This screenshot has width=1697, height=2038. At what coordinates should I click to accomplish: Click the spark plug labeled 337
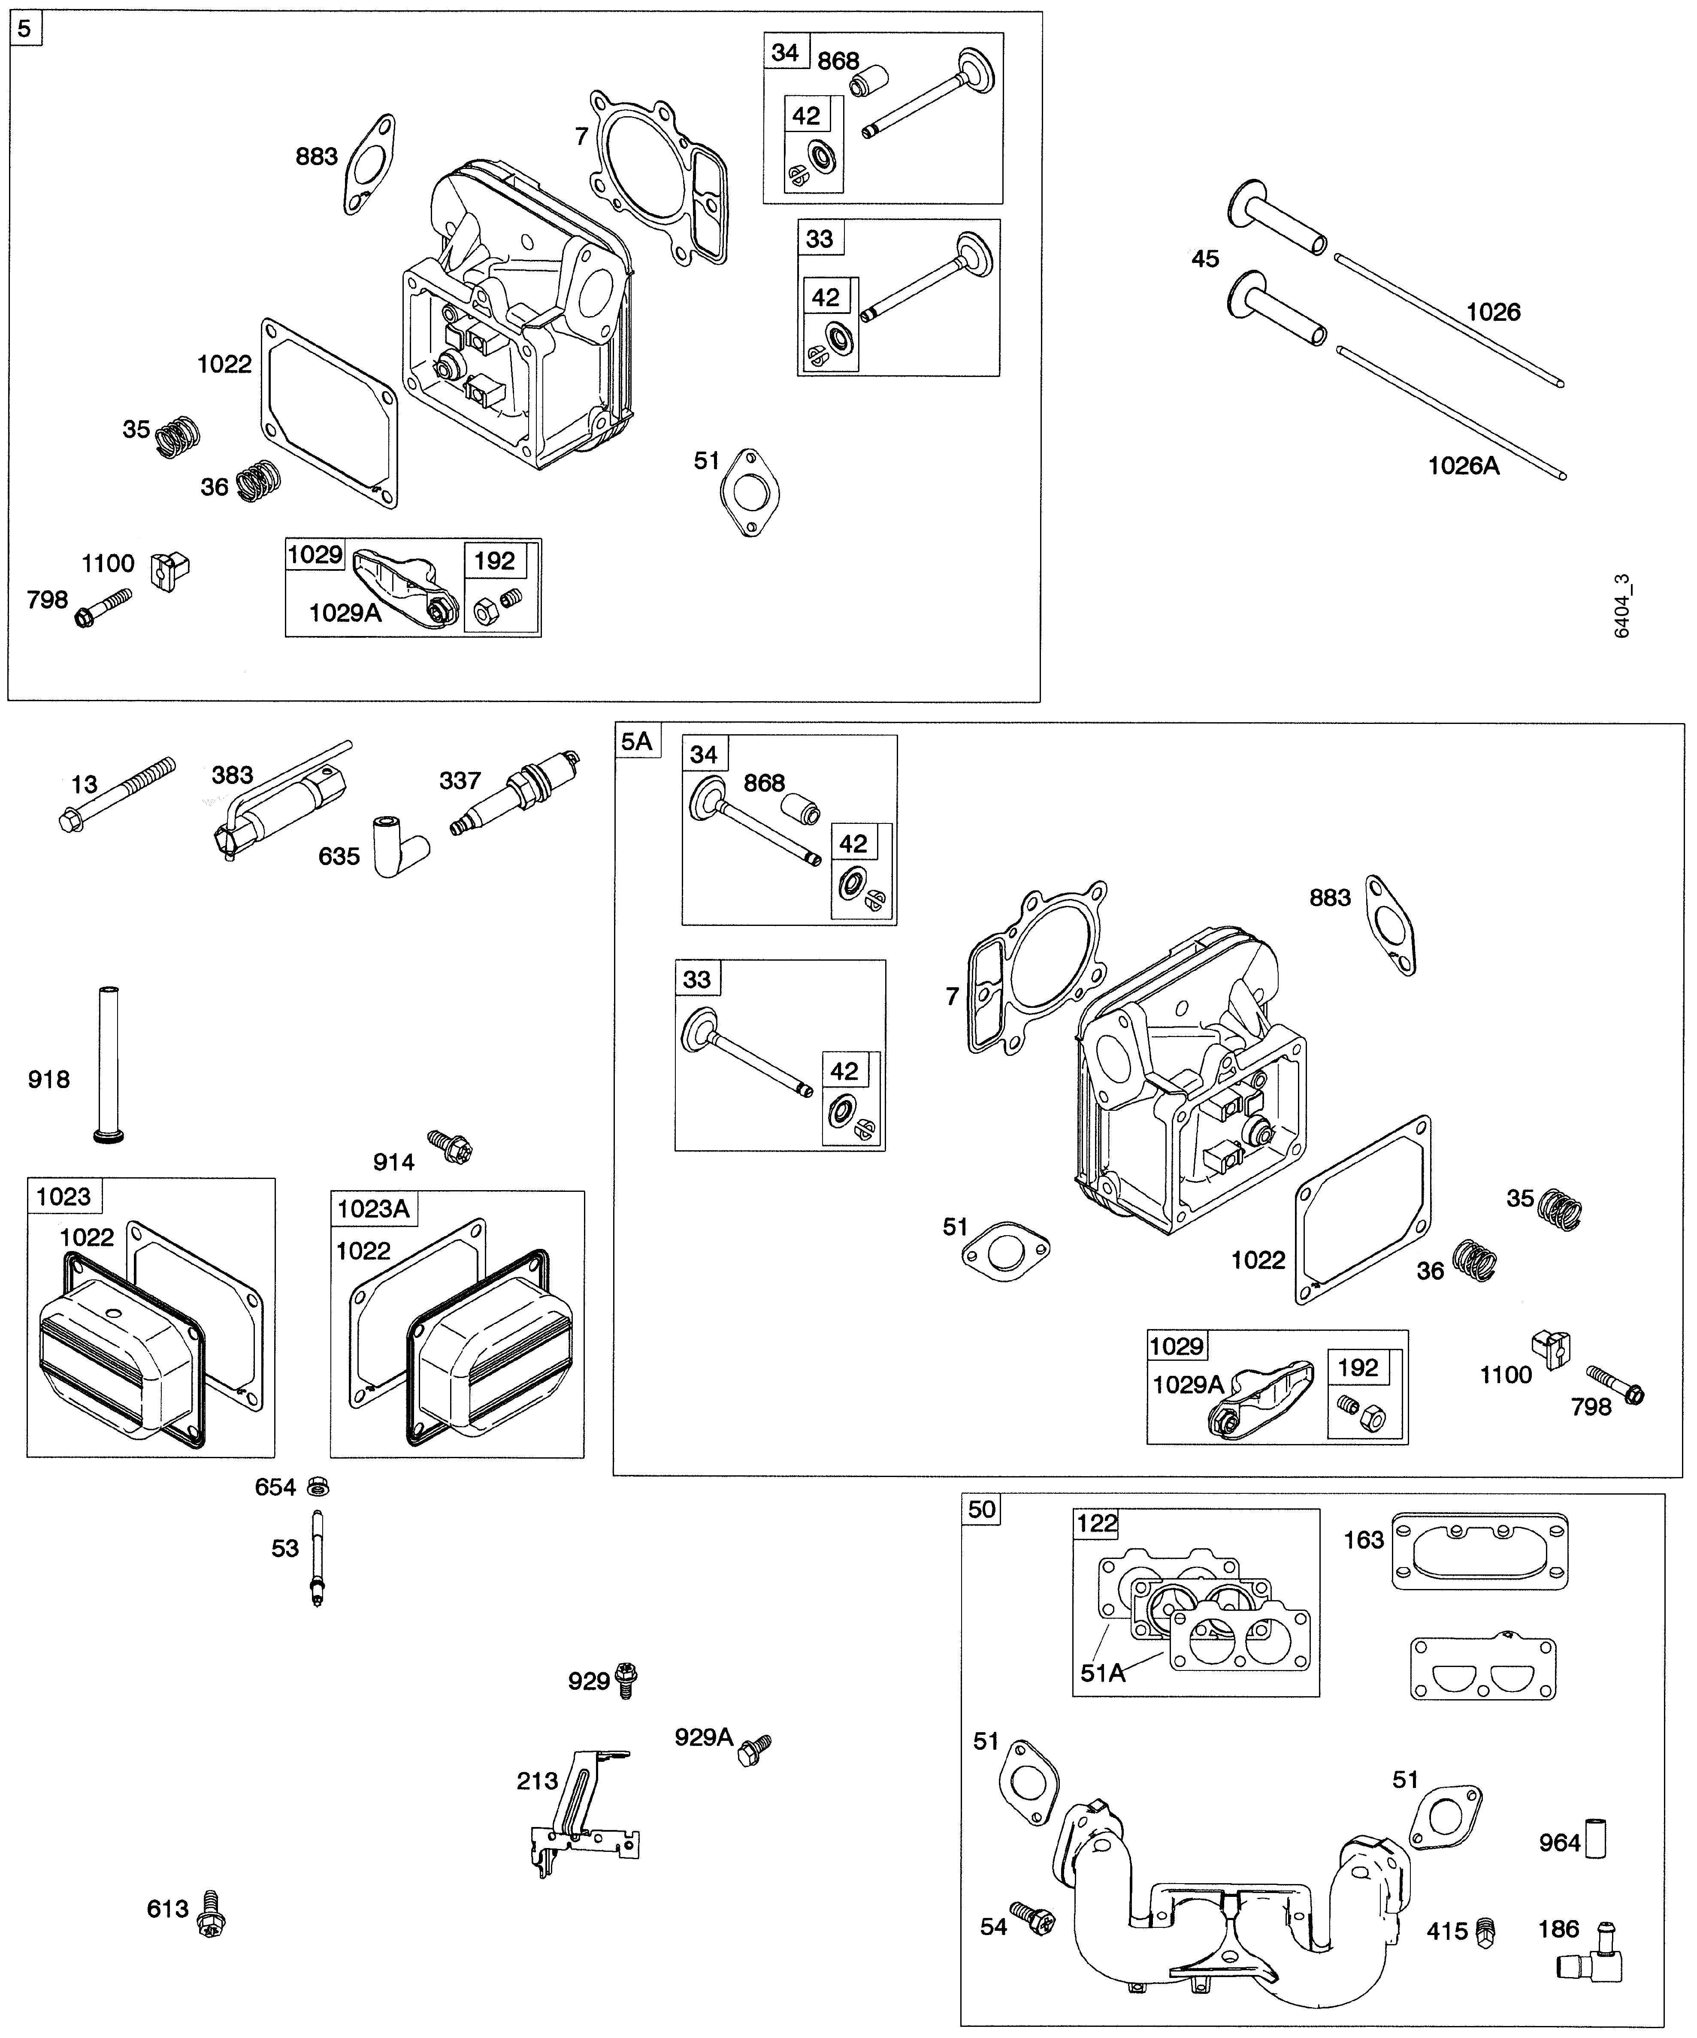(517, 794)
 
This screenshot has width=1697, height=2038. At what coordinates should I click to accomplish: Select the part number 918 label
(48, 1079)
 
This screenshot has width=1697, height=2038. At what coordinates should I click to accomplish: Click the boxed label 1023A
(373, 1208)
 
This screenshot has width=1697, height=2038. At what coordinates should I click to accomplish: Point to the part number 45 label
(1205, 259)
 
